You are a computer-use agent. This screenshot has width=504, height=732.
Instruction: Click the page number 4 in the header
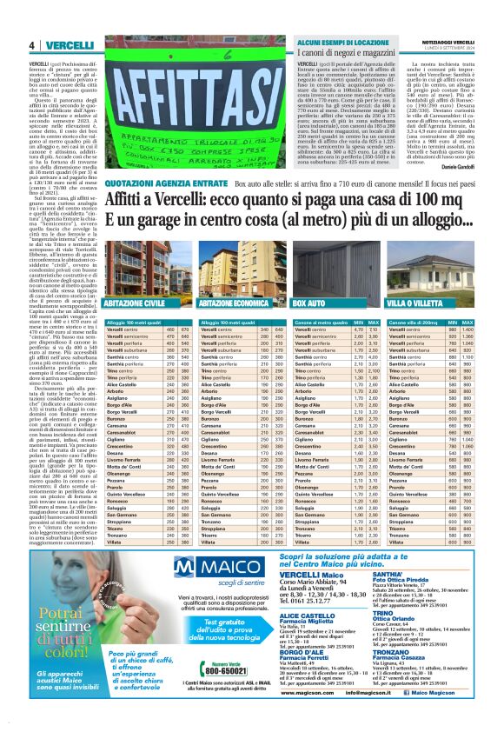coord(31,45)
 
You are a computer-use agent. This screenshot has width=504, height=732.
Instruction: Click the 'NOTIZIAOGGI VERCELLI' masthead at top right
coord(441,42)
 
